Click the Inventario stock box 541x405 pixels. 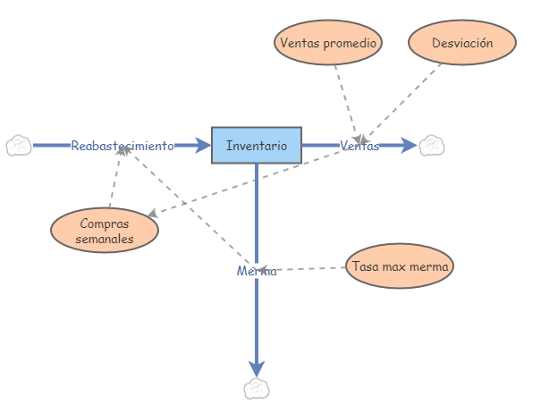[257, 145]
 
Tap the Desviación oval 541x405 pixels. [461, 42]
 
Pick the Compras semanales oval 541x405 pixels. [105, 231]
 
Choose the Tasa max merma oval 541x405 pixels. [400, 266]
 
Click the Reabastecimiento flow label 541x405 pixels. [123, 146]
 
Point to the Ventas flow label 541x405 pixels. [359, 146]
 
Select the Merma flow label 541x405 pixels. [257, 271]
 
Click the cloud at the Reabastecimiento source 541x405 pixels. [19, 145]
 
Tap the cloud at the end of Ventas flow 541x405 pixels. [433, 145]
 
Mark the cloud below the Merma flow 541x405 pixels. [257, 388]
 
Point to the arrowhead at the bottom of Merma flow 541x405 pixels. [257, 367]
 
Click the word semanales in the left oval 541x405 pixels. [105, 239]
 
